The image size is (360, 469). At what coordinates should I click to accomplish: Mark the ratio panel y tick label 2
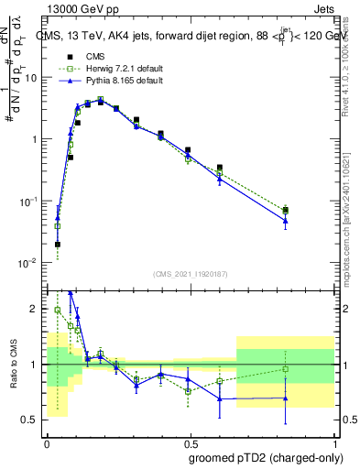point(33,309)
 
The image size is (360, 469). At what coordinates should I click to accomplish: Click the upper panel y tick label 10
point(30,77)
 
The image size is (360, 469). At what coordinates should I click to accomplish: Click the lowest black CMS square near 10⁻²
point(58,244)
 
